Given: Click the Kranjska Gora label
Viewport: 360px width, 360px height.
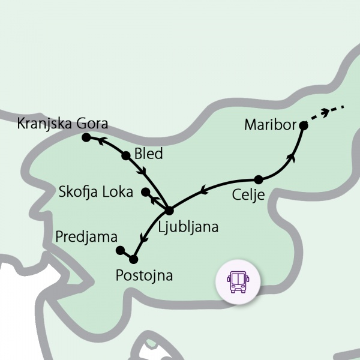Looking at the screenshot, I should click(x=62, y=124).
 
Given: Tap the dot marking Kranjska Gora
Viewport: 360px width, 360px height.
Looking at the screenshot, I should click(x=86, y=137).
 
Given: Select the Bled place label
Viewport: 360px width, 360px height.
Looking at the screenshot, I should click(x=148, y=154).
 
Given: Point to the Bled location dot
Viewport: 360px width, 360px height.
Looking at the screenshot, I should click(x=126, y=156).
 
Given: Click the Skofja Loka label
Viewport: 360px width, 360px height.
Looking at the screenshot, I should click(x=96, y=192).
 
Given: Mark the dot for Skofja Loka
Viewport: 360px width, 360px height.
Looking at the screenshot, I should click(x=145, y=192).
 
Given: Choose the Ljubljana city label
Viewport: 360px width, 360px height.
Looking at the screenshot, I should click(x=188, y=227).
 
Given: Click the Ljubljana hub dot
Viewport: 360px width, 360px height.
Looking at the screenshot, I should click(x=169, y=211).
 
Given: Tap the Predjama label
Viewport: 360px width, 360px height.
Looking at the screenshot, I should click(x=86, y=236).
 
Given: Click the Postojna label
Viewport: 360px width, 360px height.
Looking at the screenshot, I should click(x=144, y=276).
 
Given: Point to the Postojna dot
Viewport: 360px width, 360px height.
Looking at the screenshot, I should click(x=133, y=259).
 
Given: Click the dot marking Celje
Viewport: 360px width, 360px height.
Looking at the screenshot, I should click(x=259, y=179).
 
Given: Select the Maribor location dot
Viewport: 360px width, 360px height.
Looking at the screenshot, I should click(x=304, y=126).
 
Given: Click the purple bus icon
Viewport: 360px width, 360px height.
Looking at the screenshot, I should click(x=238, y=280).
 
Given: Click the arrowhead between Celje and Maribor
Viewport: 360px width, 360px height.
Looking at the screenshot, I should click(x=292, y=157).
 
